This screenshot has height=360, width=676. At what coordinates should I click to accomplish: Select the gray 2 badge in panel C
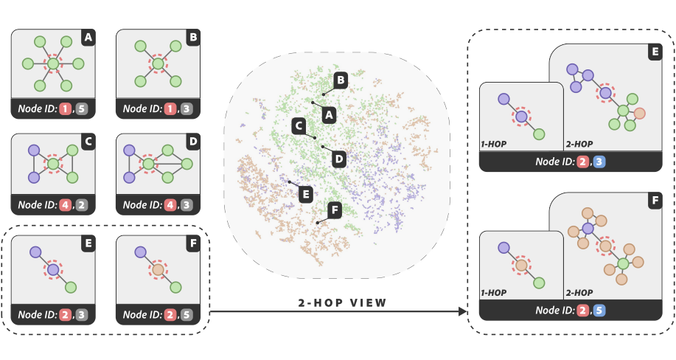(82, 204)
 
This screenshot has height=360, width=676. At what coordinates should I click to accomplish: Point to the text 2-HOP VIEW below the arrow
(341, 302)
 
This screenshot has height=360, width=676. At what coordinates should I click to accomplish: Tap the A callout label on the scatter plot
(330, 115)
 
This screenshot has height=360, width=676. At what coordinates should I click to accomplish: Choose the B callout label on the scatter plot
(340, 80)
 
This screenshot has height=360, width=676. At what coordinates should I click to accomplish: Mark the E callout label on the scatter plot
(304, 194)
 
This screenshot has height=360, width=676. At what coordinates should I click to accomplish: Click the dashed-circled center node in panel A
(52, 66)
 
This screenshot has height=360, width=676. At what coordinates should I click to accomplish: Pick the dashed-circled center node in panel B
(156, 66)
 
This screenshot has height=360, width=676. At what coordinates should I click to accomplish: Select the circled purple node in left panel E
(52, 271)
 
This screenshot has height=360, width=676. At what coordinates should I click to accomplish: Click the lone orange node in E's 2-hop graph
(640, 113)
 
